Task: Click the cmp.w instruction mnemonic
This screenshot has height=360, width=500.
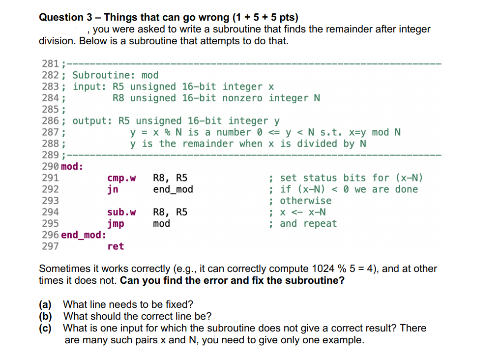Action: click(121, 178)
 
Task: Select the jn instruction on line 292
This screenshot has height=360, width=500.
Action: click(113, 189)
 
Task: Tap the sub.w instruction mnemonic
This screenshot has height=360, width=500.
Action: click(121, 212)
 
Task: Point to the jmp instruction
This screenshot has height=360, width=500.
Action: click(116, 224)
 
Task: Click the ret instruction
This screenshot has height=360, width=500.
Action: click(116, 246)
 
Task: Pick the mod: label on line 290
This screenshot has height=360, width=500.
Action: click(72, 166)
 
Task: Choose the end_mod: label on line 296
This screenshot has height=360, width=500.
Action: click(83, 235)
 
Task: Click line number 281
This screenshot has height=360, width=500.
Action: click(50, 63)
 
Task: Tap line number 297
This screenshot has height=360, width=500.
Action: click(50, 246)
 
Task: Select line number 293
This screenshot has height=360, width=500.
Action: click(50, 201)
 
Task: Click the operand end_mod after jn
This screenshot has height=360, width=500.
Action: click(173, 189)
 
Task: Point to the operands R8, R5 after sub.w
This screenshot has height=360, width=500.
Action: click(170, 212)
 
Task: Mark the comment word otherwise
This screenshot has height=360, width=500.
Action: click(306, 201)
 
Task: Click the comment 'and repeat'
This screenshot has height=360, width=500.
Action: click(308, 224)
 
